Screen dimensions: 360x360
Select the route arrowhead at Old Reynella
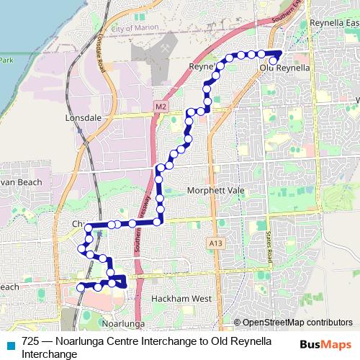(x=279, y=55)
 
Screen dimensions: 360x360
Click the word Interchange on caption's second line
(x=50, y=354)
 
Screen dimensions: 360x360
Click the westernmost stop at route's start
(x=80, y=288)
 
